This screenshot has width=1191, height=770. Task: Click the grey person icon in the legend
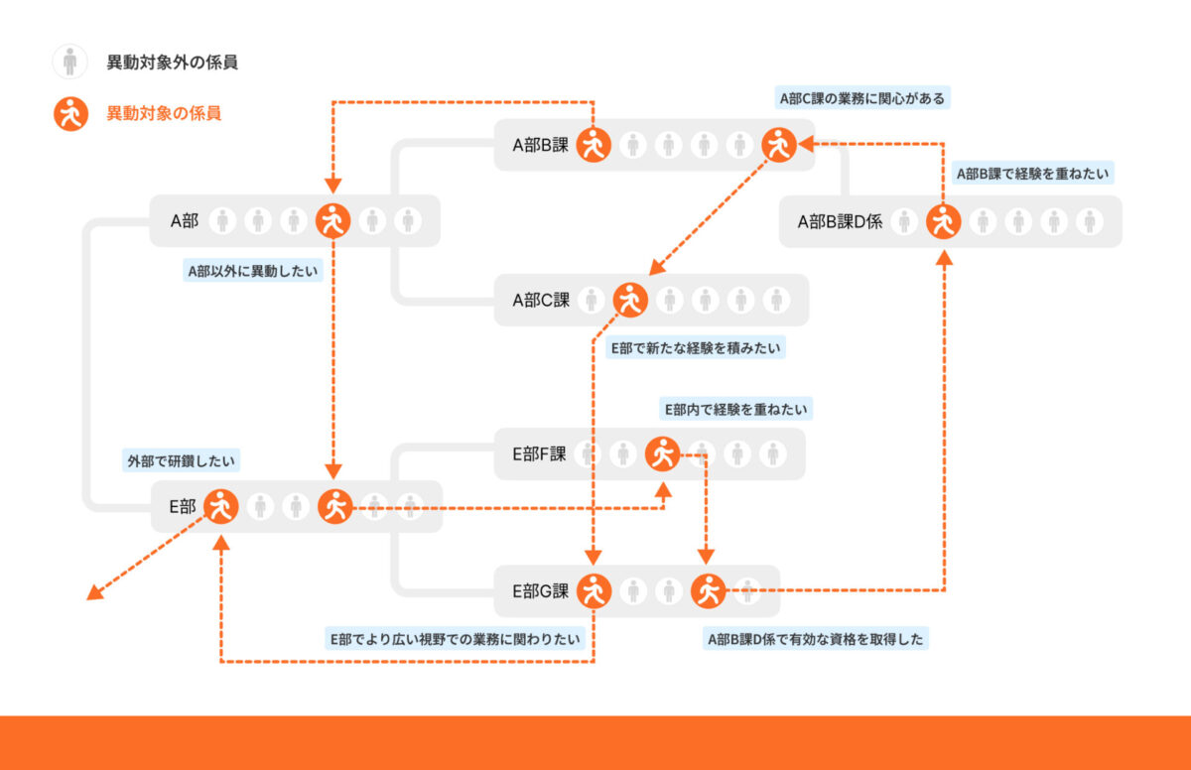click(x=69, y=62)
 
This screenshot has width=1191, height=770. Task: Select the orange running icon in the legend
click(x=69, y=114)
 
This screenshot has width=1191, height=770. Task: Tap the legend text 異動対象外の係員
click(x=173, y=63)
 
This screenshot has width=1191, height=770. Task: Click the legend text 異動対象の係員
click(x=164, y=114)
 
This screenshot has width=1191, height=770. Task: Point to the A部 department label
click(x=185, y=221)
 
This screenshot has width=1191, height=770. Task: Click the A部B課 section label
click(x=540, y=146)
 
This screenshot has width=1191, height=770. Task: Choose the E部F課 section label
click(x=539, y=454)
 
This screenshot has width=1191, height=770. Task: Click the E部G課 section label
click(x=540, y=591)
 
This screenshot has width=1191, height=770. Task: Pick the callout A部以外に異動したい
click(x=254, y=270)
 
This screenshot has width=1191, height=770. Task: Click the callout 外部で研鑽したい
click(x=183, y=460)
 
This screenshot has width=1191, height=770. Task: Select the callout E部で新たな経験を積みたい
click(x=696, y=348)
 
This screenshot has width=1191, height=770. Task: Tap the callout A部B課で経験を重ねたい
click(x=1032, y=174)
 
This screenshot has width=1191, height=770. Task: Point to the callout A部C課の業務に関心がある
click(x=861, y=98)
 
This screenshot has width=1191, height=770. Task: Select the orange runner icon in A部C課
click(x=630, y=299)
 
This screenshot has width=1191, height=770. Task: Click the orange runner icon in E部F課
click(x=663, y=454)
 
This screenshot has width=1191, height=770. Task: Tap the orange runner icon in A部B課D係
click(x=943, y=221)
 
